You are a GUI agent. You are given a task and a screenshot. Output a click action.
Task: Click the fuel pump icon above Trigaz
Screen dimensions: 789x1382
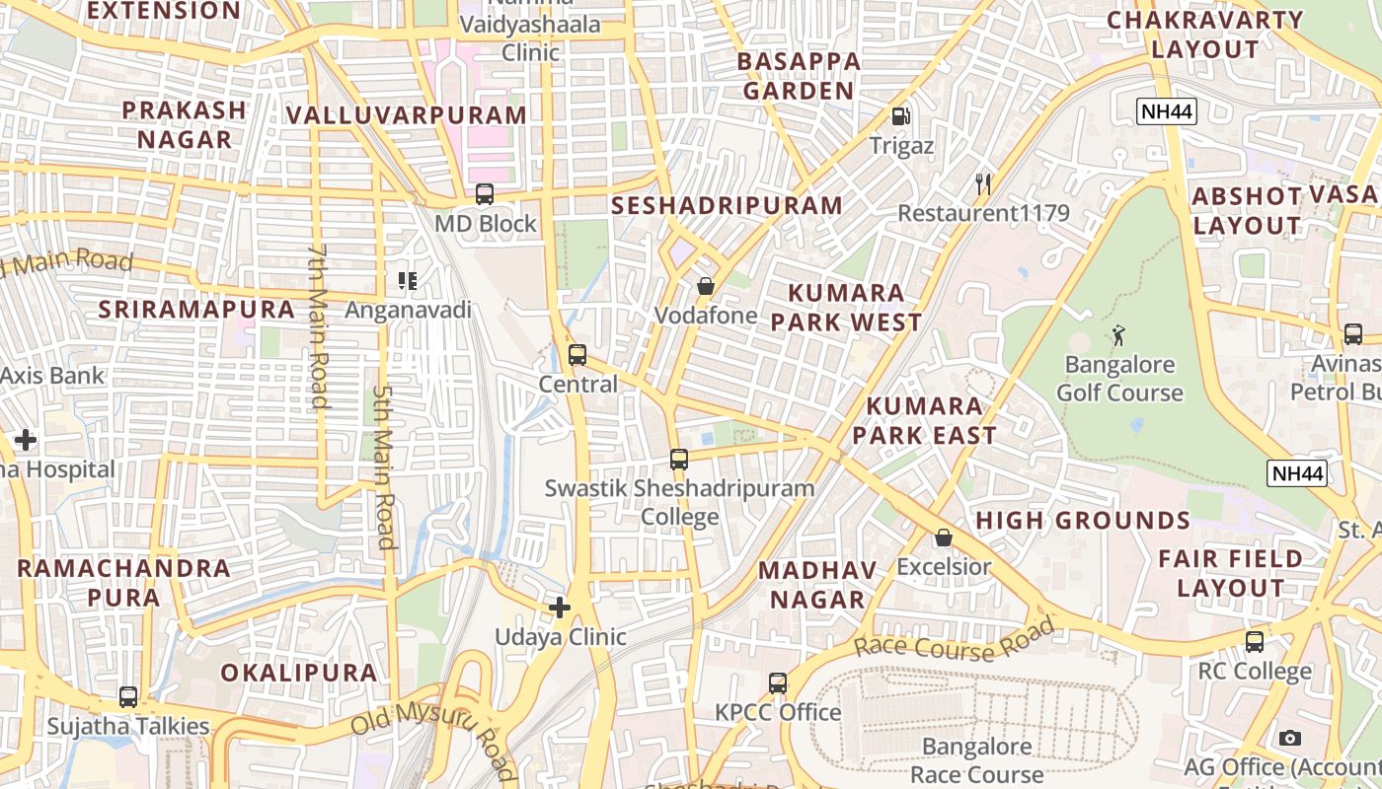(900, 116)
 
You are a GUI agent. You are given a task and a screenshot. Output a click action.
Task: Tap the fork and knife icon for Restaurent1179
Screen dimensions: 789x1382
(982, 183)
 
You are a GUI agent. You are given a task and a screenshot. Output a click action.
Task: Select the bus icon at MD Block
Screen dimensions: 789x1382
(484, 194)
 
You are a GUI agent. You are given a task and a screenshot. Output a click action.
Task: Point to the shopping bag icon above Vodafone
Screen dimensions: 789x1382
(706, 287)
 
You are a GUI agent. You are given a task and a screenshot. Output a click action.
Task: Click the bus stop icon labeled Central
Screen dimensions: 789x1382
(577, 355)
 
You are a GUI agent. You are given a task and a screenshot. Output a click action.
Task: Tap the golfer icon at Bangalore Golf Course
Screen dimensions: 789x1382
(1118, 335)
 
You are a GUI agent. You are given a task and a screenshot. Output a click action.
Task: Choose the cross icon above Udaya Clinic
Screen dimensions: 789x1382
(560, 608)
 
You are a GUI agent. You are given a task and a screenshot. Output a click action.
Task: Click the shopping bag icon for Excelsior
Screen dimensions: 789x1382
(944, 538)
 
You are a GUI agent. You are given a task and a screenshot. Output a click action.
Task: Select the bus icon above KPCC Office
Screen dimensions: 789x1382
(778, 682)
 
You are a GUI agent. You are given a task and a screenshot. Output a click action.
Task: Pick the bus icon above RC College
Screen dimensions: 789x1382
(1255, 642)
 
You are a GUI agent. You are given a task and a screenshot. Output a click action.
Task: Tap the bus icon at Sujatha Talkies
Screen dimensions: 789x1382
(128, 697)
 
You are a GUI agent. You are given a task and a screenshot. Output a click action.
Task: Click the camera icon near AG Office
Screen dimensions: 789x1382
(1289, 738)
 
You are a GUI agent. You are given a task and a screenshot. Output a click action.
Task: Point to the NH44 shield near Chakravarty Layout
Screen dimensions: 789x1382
(1167, 111)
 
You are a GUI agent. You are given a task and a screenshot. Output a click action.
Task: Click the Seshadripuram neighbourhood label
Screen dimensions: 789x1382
(727, 205)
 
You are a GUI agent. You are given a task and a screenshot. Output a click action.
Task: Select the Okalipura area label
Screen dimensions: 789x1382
(298, 673)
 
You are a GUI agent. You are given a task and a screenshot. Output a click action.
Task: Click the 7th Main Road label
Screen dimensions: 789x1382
(318, 325)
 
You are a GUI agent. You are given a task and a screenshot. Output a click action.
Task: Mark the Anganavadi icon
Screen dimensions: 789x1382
(408, 282)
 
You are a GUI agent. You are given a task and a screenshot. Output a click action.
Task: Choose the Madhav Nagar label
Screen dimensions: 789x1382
(817, 585)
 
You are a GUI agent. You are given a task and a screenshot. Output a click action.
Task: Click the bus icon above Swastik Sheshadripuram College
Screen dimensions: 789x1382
(679, 459)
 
